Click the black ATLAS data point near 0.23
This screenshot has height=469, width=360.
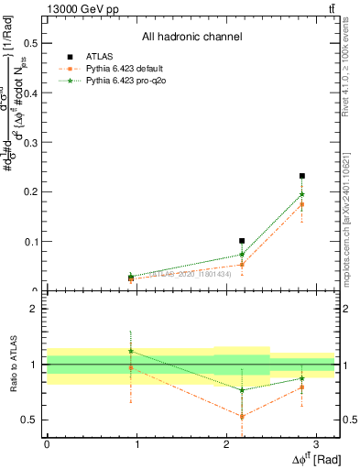(301, 176)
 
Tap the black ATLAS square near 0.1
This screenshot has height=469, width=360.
(242, 241)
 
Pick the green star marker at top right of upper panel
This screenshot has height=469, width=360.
(301, 194)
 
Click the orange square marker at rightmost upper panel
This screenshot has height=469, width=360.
(301, 205)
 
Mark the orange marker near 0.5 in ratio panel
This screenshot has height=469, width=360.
(242, 417)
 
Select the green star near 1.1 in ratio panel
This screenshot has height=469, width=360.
(131, 351)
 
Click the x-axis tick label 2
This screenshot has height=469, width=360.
(226, 444)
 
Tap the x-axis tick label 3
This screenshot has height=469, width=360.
(316, 444)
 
